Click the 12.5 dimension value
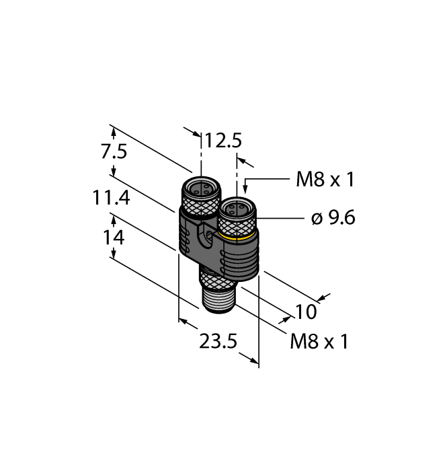223,141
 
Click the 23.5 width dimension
218,342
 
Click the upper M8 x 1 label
325,179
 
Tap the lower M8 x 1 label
319,342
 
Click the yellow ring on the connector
238,237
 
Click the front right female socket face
237,207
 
